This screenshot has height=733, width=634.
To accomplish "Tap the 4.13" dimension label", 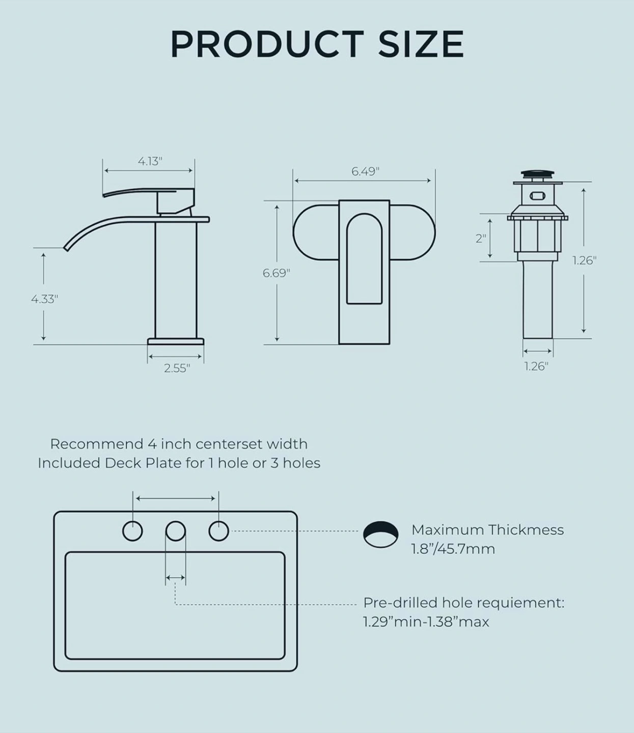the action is pyautogui.click(x=150, y=161).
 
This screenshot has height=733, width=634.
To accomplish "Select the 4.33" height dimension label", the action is pyautogui.click(x=44, y=299).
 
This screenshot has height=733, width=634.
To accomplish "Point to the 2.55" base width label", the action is pyautogui.click(x=177, y=368).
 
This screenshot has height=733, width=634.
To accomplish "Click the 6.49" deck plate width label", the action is pyautogui.click(x=366, y=171).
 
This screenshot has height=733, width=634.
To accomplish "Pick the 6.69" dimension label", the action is pyautogui.click(x=276, y=273).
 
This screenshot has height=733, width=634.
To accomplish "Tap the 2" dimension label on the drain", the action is pyautogui.click(x=481, y=239).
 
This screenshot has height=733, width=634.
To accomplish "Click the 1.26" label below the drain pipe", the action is pyautogui.click(x=536, y=366).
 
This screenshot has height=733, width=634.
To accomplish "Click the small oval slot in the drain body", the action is pyautogui.click(x=537, y=196).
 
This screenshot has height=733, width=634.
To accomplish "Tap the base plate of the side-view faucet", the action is pyautogui.click(x=176, y=342).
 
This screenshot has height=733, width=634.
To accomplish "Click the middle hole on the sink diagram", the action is pyautogui.click(x=176, y=531).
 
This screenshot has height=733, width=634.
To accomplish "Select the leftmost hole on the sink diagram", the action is pyautogui.click(x=133, y=531).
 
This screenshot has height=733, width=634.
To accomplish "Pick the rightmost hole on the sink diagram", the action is pyautogui.click(x=218, y=531).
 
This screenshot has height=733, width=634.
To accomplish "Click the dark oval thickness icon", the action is pyautogui.click(x=381, y=534).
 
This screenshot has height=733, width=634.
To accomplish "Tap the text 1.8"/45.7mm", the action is pyautogui.click(x=453, y=549).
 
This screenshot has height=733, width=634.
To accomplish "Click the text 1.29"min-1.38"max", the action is pyautogui.click(x=426, y=622).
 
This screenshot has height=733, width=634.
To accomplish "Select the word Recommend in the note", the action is pyautogui.click(x=97, y=444).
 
